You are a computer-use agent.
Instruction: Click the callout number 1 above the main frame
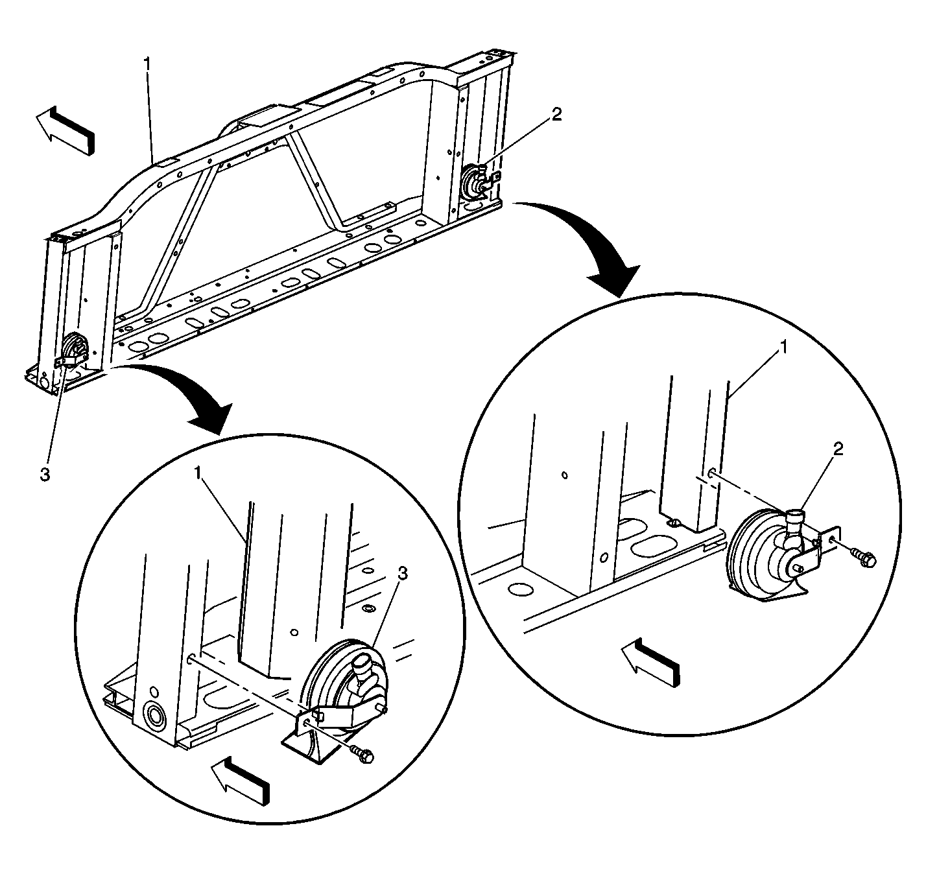148,64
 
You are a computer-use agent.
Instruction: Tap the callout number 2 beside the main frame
556,115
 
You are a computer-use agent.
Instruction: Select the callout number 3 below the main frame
45,475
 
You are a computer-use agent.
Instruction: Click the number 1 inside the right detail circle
783,348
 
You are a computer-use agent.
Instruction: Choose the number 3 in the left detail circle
403,574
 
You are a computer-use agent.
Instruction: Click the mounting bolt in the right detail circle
864,557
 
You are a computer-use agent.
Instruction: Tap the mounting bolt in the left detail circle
362,754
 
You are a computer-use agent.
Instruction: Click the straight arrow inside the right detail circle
650,661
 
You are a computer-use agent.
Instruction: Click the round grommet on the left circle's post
156,716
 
